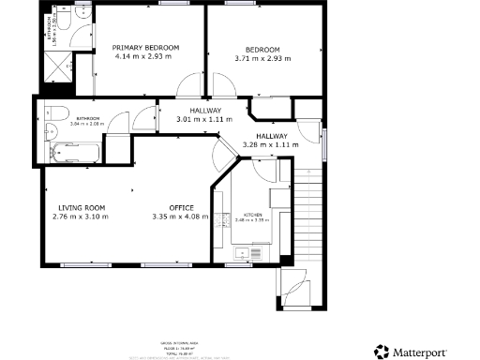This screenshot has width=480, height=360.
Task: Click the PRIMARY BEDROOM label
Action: click(x=145, y=47)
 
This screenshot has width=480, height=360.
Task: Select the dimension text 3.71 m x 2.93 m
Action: click(x=262, y=58)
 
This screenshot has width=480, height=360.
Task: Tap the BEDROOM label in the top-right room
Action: click(x=262, y=49)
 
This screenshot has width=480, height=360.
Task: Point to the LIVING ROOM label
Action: click(x=81, y=207)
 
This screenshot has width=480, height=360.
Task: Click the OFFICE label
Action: click(x=181, y=207)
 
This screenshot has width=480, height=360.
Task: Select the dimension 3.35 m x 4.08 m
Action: click(x=181, y=217)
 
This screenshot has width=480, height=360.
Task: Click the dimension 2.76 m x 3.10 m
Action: click(x=81, y=217)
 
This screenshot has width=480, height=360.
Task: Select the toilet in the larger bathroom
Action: click(x=52, y=116)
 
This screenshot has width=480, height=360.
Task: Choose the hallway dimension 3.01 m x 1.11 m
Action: click(x=203, y=120)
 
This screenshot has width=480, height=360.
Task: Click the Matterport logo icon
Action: click(x=382, y=352)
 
